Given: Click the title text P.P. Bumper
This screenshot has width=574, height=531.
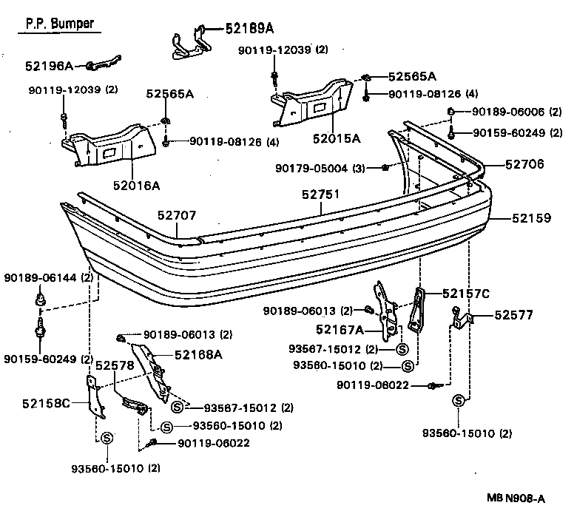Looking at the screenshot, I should click(60, 24).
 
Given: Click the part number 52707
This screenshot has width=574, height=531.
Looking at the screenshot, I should click(176, 215).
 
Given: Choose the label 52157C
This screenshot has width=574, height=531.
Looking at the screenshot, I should click(466, 294).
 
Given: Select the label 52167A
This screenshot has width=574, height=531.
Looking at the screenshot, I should click(339, 330).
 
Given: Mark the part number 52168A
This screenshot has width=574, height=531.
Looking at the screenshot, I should click(198, 354).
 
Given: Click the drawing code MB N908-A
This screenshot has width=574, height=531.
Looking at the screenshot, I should click(515, 498).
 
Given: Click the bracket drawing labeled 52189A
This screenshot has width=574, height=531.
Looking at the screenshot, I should click(185, 42).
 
